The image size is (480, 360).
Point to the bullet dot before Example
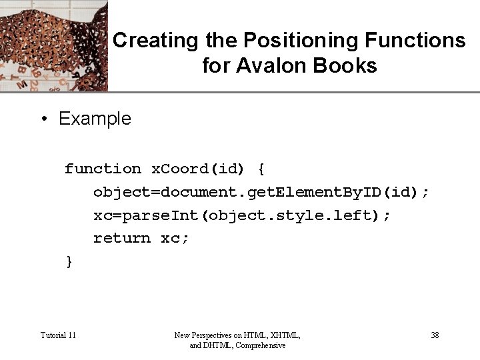pyautogui.click(x=43, y=119)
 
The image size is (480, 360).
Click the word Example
pyautogui.click(x=95, y=119)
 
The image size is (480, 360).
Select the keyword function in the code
pyautogui.click(x=103, y=169)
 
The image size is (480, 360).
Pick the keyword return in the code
pyautogui.click(x=122, y=238)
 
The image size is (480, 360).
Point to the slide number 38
pyautogui.click(x=435, y=335)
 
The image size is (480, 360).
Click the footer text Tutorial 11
pyautogui.click(x=58, y=335)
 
